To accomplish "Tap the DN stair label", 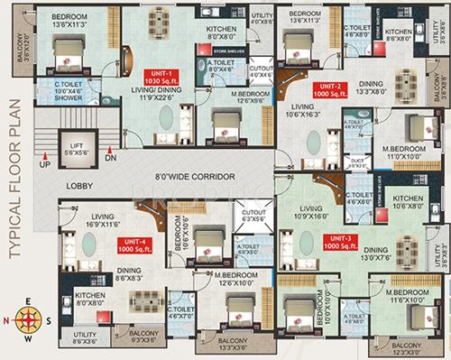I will tap(111, 159).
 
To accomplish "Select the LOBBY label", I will tap(80, 186).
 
